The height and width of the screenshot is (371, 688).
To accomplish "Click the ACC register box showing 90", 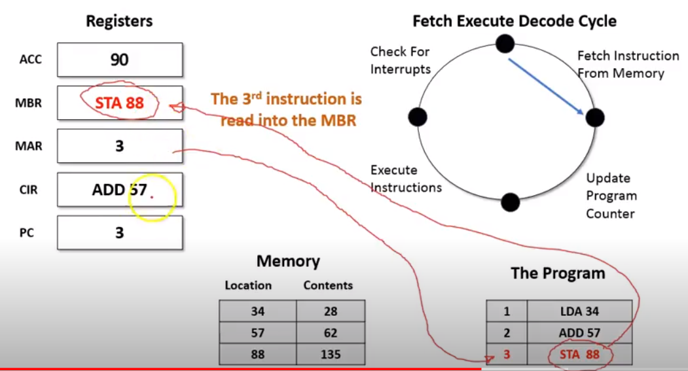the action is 120,60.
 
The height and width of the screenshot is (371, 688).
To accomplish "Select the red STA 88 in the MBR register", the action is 119,103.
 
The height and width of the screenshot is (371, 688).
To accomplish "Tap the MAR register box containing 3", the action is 120,146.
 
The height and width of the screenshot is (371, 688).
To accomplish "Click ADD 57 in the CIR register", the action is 119,190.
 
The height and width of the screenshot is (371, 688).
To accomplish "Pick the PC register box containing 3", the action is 120,232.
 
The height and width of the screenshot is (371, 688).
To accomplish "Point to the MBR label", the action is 29,103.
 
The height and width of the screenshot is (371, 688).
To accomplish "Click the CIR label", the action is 29,190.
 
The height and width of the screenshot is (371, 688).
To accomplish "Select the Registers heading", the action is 119,21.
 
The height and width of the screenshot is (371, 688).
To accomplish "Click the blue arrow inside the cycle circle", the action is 546,86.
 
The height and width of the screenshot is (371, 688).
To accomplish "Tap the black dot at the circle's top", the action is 505,43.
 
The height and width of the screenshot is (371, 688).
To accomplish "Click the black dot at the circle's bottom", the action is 511,202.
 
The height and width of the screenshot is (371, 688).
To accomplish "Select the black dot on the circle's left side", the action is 418,117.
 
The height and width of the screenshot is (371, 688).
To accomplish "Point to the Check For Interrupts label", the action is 400,60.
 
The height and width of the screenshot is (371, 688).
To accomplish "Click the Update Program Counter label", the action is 611,196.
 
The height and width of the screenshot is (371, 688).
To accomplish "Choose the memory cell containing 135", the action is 331,355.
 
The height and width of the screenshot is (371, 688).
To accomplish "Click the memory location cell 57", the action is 257,333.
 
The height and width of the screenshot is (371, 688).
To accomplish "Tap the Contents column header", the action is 328,285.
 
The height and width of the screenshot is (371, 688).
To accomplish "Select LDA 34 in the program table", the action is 579,311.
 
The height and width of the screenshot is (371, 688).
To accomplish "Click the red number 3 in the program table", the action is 507,355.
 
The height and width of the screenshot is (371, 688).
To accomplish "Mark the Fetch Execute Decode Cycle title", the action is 515,21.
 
